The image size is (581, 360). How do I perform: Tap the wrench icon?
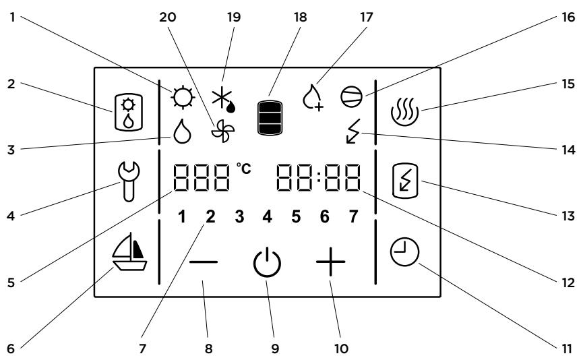click(129, 181)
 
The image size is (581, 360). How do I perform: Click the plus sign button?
click(330, 262)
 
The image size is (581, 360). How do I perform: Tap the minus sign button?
click(204, 262)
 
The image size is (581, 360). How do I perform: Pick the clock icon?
click(404, 251)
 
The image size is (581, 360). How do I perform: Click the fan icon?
click(222, 131)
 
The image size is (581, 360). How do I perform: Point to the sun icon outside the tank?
click(183, 98)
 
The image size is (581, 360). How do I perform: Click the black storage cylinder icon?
click(270, 117)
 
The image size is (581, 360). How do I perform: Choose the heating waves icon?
click(404, 111)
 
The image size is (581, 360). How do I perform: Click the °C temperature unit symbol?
click(244, 169)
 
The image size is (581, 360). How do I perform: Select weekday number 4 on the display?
click(267, 216)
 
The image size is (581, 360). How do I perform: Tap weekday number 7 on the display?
click(353, 216)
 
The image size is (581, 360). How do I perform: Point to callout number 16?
click(568, 17)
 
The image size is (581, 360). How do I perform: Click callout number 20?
click(167, 17)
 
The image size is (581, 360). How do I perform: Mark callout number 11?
click(567, 349)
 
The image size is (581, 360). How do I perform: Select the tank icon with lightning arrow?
click(404, 181)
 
